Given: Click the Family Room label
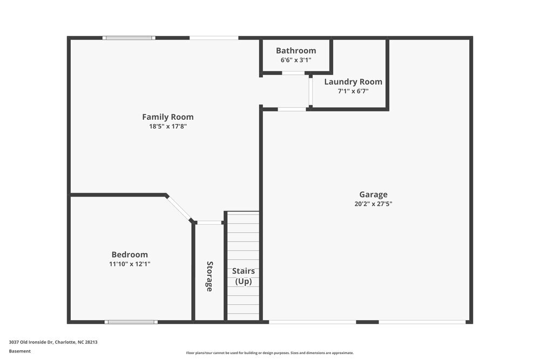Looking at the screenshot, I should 167,117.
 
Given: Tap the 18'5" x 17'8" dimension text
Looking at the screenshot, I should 167,127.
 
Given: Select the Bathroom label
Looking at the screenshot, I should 296,51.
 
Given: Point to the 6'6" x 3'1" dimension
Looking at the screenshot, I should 296,60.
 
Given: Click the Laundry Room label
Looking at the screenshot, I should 353,82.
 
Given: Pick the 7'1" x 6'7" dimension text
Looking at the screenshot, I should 353,92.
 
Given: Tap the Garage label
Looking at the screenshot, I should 373,195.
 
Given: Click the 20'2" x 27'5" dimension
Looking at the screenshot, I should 373,205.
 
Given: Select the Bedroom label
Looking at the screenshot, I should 130,255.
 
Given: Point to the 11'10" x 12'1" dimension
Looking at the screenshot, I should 130,264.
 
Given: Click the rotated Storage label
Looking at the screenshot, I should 210,276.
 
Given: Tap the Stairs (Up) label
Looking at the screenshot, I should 243,276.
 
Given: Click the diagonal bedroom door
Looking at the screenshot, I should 179,208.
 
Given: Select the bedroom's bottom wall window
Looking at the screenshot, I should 131,322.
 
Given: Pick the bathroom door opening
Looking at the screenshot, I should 293,73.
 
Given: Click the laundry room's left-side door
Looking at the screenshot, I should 310,91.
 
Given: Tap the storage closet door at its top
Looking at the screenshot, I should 209,222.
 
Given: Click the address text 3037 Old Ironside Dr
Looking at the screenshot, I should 53,342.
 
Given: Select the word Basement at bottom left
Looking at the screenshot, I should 20,351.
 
